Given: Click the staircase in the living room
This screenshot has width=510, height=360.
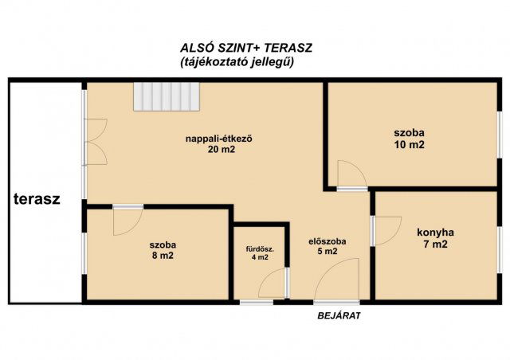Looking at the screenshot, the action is point(167,97).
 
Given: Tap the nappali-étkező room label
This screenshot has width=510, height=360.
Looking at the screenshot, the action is point(219,139).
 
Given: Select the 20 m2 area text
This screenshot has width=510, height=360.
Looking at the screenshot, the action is point(222,150).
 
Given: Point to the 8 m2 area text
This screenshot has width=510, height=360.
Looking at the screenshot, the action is point(163,256).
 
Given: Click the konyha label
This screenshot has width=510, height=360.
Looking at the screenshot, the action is point(436,233).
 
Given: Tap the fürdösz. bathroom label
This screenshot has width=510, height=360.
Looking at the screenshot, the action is point(260,250).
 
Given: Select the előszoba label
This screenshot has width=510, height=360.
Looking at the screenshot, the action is point(328,241).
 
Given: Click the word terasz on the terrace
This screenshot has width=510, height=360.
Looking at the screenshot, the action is point(37,199).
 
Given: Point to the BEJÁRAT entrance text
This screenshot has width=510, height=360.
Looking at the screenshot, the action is point(339,315).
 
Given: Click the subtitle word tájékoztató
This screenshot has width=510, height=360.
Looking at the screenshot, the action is point(214,62).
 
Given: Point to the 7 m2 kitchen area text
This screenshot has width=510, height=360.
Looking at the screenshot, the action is point(436,245).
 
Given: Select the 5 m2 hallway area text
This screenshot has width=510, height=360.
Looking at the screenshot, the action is point(328,252).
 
